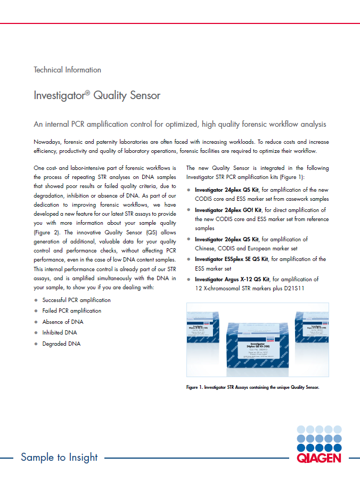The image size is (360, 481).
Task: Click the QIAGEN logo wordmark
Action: [x=318, y=458]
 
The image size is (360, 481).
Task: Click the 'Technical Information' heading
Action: [x=67, y=70]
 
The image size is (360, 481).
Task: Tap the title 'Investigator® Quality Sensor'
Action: [x=97, y=96]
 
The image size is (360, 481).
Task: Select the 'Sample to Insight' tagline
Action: [x=59, y=457]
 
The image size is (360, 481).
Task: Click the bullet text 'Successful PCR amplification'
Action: [x=77, y=300]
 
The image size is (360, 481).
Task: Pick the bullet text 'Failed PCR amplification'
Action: [x=72, y=311]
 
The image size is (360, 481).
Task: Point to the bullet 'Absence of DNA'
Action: [x=63, y=322]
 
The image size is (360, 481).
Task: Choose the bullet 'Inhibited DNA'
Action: [x=60, y=332]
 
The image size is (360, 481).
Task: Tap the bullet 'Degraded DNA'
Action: [x=61, y=344]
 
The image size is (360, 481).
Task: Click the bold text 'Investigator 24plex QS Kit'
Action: [x=227, y=190]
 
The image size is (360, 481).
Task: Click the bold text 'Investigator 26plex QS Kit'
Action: [x=227, y=240]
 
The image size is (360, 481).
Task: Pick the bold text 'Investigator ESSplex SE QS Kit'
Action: [x=232, y=259]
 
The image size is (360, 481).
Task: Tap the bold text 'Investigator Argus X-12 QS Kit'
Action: [x=232, y=279]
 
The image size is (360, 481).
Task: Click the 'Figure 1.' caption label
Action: [x=198, y=387]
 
